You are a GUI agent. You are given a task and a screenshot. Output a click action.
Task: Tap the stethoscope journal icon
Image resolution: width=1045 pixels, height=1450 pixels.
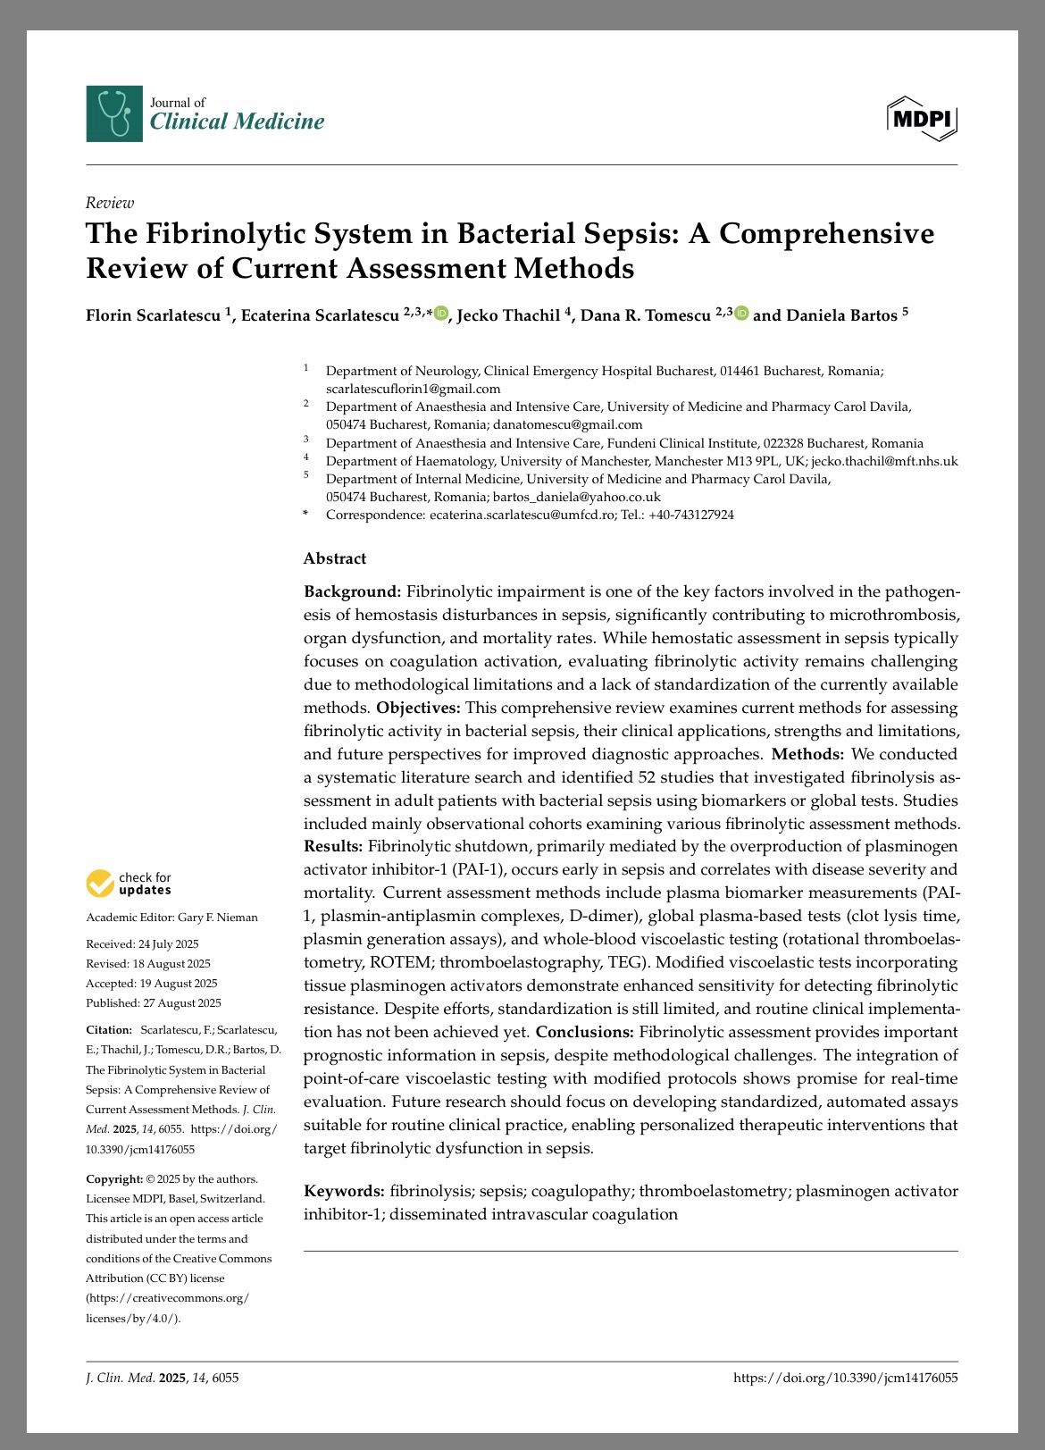click(114, 113)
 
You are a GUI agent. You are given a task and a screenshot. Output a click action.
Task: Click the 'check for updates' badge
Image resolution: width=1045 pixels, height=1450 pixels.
click(130, 884)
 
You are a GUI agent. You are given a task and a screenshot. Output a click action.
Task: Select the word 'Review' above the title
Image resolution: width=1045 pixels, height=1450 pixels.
click(110, 203)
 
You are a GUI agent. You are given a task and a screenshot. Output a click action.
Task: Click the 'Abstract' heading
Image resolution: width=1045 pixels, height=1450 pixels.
click(335, 558)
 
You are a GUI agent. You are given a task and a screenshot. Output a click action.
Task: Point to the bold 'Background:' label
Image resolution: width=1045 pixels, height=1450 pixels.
click(353, 591)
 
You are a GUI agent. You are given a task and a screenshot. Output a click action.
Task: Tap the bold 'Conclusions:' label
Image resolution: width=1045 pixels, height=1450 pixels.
click(585, 1032)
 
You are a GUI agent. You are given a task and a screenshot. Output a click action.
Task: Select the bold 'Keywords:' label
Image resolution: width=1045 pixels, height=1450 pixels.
click(345, 1191)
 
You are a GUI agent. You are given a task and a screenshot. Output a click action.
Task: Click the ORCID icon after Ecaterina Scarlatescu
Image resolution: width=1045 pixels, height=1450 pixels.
click(441, 313)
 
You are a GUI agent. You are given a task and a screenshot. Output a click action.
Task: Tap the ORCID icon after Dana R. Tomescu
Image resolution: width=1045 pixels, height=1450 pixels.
click(741, 313)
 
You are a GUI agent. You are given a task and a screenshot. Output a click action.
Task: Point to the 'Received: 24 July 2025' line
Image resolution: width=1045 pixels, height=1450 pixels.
click(142, 944)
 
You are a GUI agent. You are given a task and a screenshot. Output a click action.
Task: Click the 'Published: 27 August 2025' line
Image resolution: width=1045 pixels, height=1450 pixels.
click(154, 1003)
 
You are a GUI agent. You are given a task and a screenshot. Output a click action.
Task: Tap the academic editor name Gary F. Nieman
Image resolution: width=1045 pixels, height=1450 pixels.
click(218, 918)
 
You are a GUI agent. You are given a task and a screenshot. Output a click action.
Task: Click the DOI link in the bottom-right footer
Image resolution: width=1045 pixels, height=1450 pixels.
click(845, 1378)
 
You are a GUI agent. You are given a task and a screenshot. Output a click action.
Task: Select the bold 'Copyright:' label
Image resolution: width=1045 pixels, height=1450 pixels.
click(114, 1178)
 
